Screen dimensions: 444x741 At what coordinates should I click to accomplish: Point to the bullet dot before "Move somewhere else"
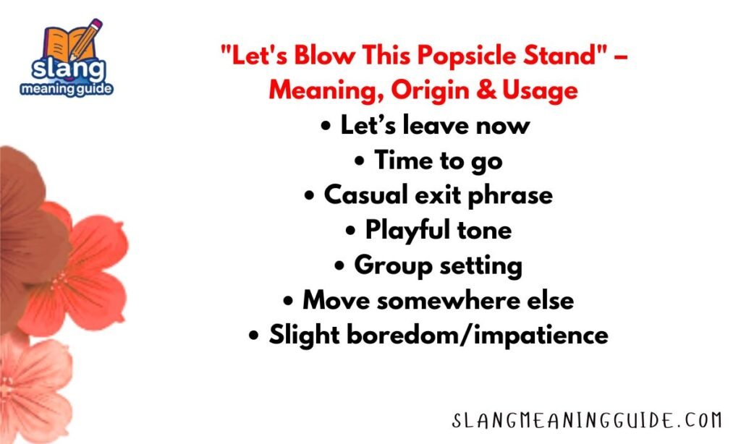(x=289, y=301)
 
